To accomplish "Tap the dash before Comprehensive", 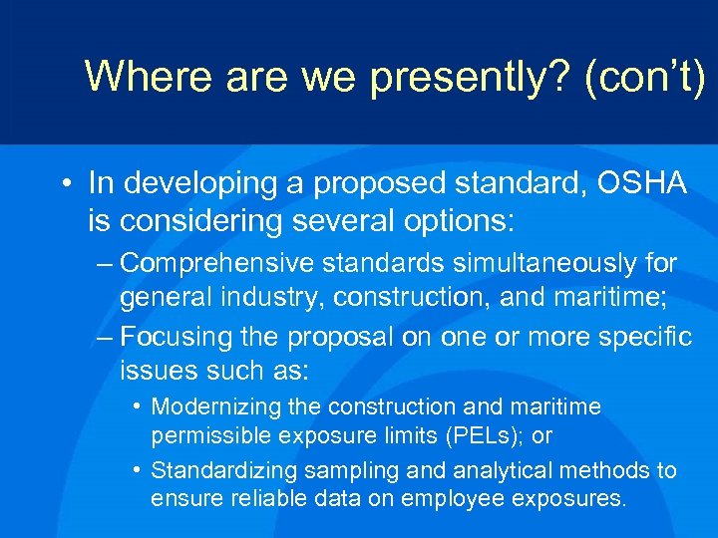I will tap(105, 265).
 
